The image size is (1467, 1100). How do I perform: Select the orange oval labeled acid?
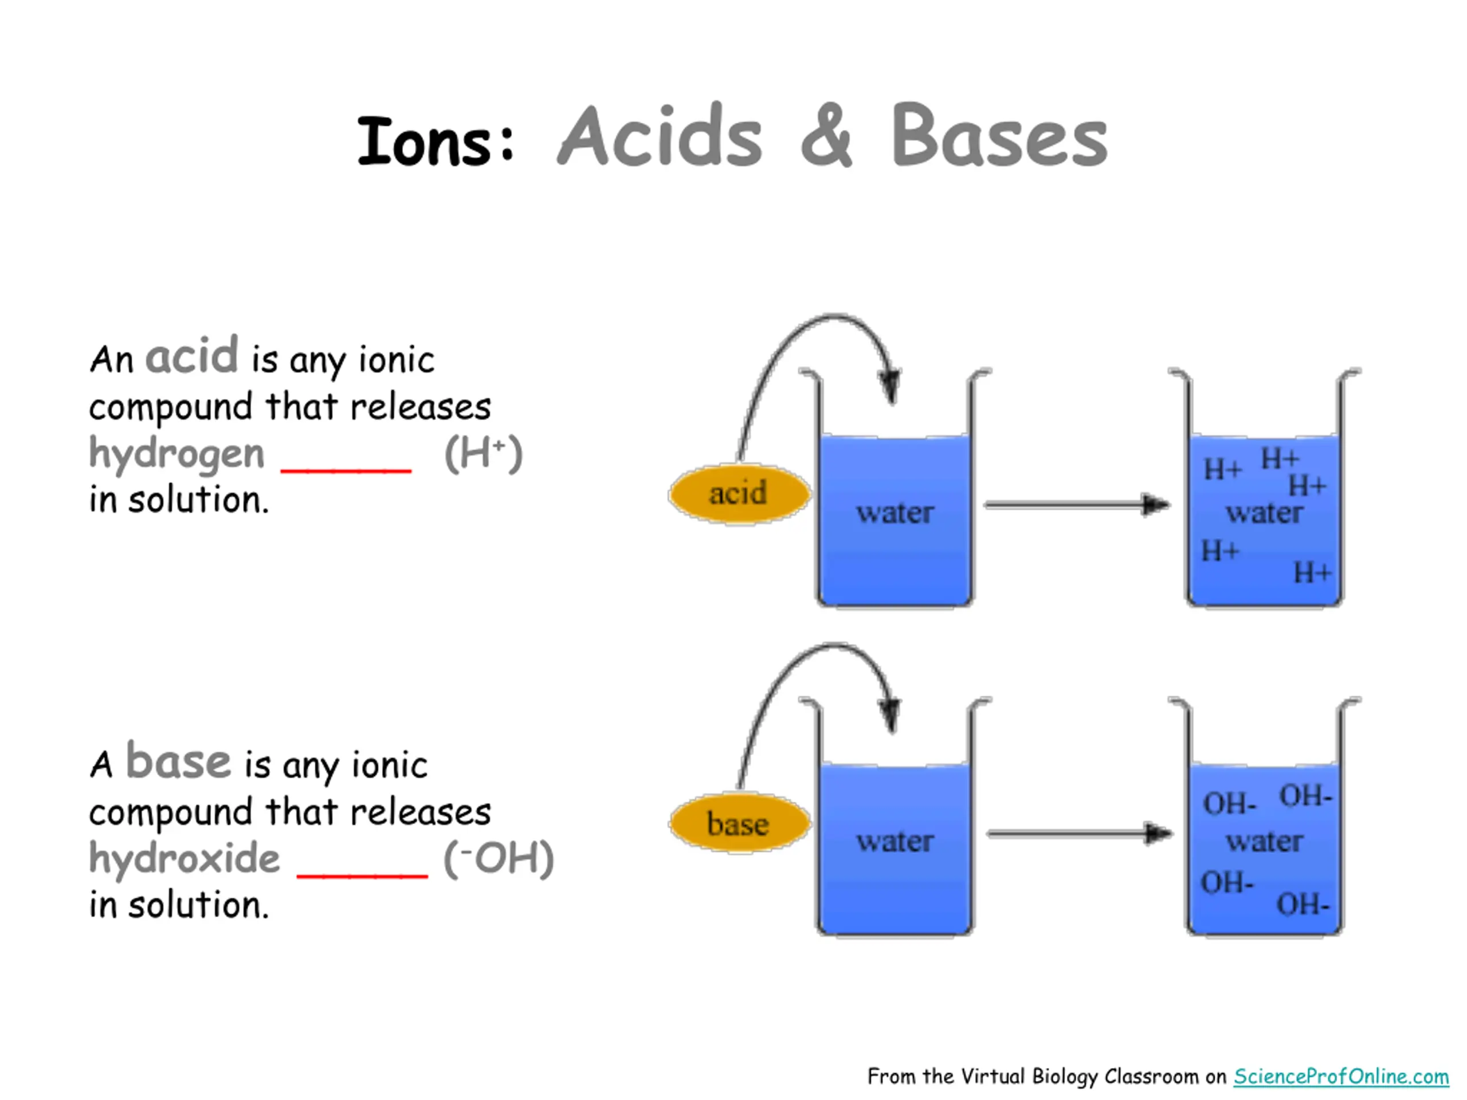point(739,494)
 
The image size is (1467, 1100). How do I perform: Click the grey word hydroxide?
point(185,859)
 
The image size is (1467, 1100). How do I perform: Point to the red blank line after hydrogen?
point(346,470)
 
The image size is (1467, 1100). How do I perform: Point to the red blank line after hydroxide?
point(362,875)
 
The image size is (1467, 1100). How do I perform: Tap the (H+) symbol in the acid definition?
point(484,454)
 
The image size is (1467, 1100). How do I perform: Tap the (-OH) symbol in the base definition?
point(498,859)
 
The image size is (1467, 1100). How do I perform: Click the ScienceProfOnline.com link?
point(1340,1076)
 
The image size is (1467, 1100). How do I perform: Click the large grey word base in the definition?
point(178,761)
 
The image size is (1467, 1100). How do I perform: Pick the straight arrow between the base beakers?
point(1078,834)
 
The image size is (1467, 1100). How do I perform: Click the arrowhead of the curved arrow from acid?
point(890,386)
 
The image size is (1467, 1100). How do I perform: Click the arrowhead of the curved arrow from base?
point(890,715)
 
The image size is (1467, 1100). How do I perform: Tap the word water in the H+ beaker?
point(1264,513)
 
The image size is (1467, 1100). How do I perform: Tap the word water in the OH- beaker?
point(1264,842)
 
